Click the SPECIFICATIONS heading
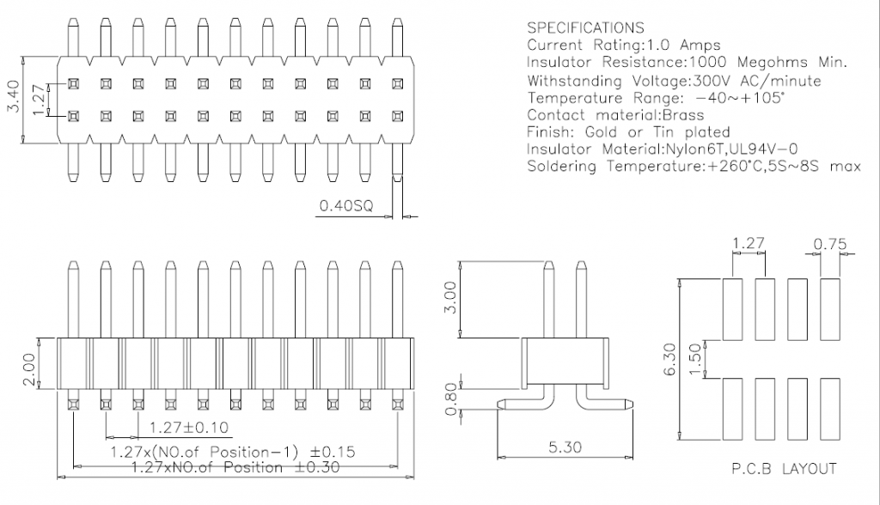(x=584, y=28)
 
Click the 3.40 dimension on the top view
(x=11, y=100)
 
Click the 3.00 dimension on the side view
(x=450, y=297)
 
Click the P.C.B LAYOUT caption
(x=783, y=469)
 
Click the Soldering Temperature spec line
(x=694, y=167)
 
